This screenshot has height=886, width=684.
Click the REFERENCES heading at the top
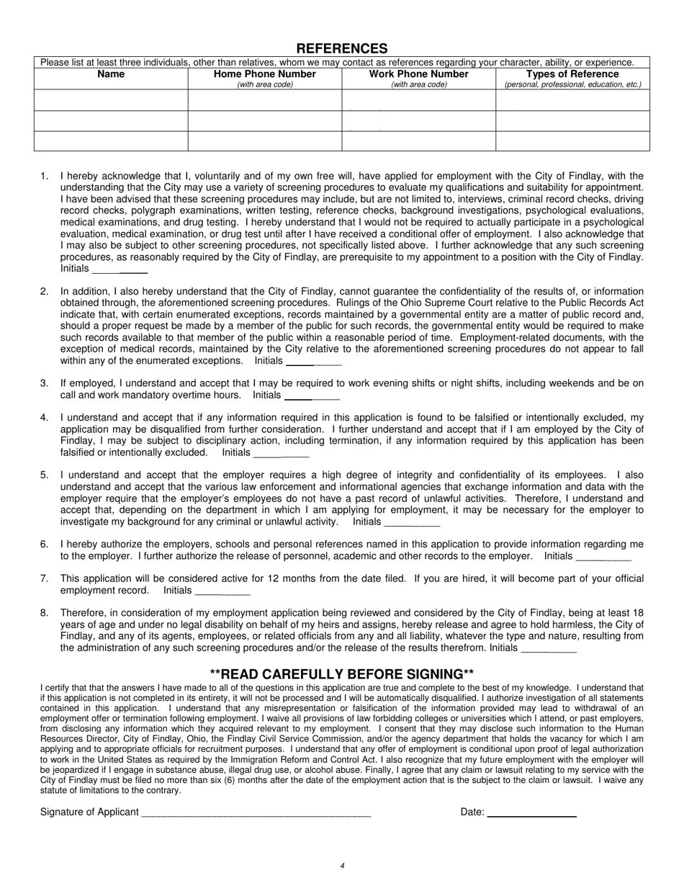click(342, 48)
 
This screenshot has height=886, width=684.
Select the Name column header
click(111, 74)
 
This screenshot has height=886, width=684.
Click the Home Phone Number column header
click(265, 74)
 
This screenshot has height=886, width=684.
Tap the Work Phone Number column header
click(418, 74)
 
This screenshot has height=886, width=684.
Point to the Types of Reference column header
click(572, 74)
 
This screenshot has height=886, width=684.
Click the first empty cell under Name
click(111, 100)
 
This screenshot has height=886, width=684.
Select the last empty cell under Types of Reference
click(572, 141)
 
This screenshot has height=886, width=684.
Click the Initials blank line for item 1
click(120, 272)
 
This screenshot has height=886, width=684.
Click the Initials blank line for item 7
click(222, 594)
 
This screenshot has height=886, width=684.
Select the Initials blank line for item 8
click(548, 651)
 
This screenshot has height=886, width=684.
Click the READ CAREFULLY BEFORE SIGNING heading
click(342, 674)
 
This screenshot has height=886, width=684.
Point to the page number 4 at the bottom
click(342, 866)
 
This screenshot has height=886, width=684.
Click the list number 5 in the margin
click(45, 475)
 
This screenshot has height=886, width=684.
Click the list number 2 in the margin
click(45, 291)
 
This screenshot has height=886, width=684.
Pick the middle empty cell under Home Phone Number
click(265, 121)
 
